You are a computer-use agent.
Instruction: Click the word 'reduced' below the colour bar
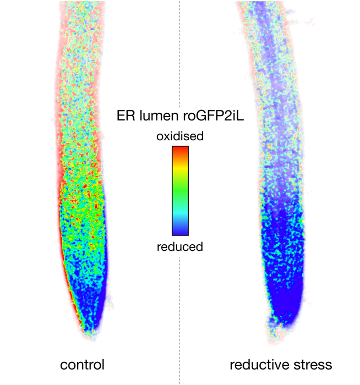pos(180,246)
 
